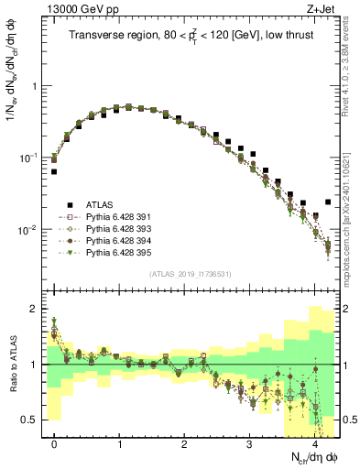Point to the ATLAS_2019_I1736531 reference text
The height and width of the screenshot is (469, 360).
pos(191,274)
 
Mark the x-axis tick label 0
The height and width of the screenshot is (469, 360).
pos(55,445)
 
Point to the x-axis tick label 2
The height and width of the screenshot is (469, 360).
pos(184,445)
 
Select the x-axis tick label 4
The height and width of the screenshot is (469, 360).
pos(314,445)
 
